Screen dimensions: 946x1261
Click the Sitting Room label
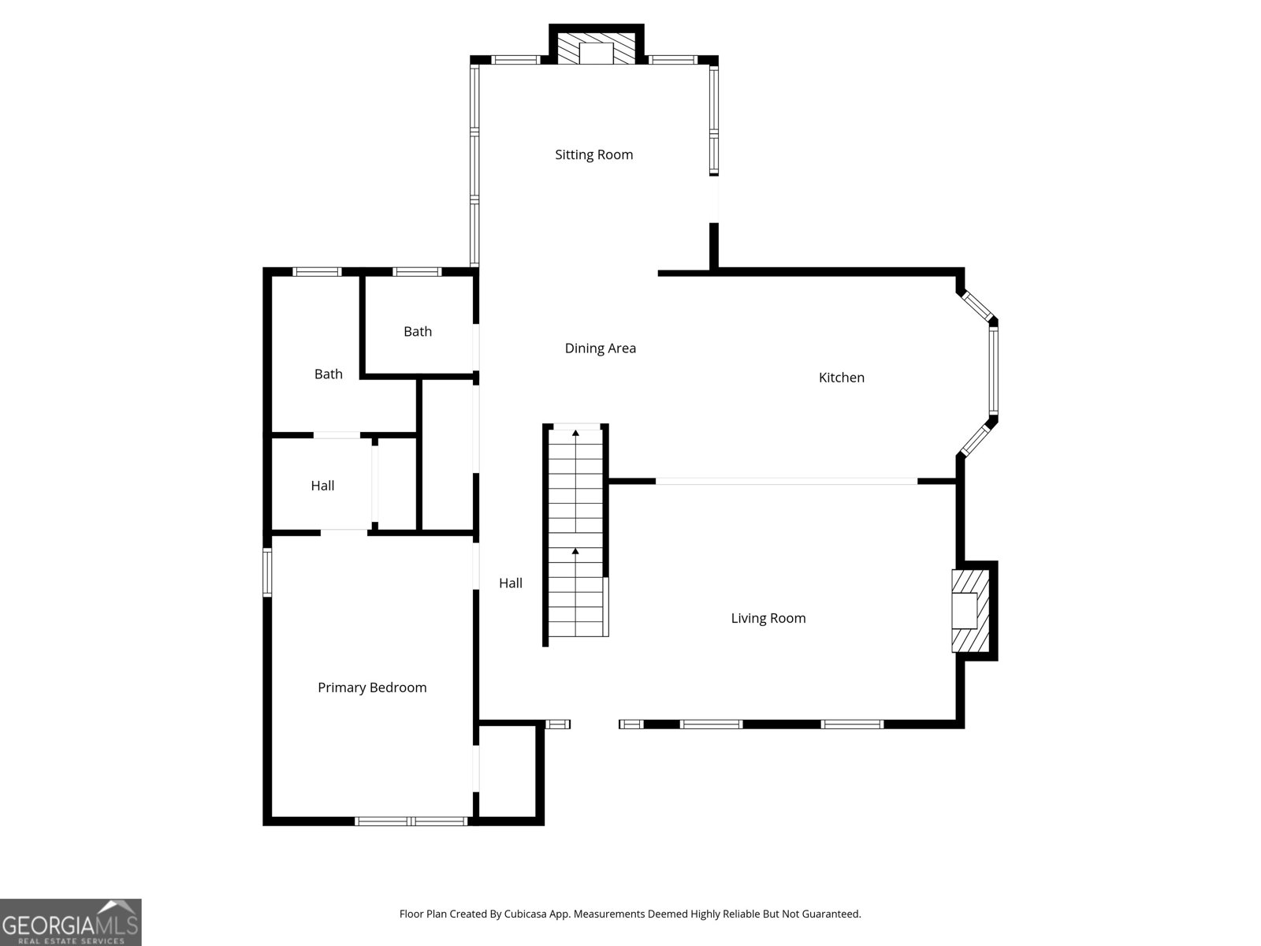click(593, 155)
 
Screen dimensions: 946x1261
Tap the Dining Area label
click(600, 348)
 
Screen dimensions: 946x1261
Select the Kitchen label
click(841, 378)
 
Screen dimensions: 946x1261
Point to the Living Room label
click(768, 618)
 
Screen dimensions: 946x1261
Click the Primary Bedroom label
click(372, 687)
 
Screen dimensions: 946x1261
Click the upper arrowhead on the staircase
click(575, 433)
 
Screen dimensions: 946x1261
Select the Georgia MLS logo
click(71, 922)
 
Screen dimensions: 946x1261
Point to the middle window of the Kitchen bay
click(994, 371)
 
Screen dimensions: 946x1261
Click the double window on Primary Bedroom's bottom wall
click(411, 821)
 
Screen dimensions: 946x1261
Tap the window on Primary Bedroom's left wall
click(267, 572)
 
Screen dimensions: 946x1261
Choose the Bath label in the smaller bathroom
click(417, 332)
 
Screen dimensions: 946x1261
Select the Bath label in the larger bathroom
click(328, 374)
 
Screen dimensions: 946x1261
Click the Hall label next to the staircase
click(510, 583)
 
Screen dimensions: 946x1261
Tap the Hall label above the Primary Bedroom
click(322, 486)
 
